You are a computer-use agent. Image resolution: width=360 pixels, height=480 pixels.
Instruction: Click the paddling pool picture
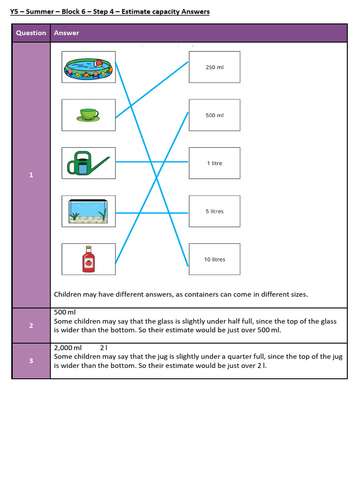89,67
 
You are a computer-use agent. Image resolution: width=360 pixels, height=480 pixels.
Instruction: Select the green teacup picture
89,115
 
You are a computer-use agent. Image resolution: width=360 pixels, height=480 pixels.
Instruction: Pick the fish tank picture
89,211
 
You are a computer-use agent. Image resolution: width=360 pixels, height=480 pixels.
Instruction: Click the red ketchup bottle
88,259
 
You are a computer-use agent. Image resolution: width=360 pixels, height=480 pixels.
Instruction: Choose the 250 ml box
214,67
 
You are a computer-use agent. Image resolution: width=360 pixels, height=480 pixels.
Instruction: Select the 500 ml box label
214,115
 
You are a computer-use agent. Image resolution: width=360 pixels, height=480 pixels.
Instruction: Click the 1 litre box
214,163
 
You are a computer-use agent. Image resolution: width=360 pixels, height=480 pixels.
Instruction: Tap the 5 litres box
214,211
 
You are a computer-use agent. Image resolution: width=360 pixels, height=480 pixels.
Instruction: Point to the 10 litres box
214,259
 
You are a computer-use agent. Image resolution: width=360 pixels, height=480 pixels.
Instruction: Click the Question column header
31,33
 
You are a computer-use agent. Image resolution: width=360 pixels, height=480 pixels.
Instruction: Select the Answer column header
67,33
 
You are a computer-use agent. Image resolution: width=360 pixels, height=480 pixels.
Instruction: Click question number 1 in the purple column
31,175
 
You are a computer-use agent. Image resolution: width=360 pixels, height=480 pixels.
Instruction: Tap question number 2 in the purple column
31,325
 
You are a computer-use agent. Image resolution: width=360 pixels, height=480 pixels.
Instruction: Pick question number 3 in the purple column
31,361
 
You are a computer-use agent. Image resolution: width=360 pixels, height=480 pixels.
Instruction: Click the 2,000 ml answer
68,348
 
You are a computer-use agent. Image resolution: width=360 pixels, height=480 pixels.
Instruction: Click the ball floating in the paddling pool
99,63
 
